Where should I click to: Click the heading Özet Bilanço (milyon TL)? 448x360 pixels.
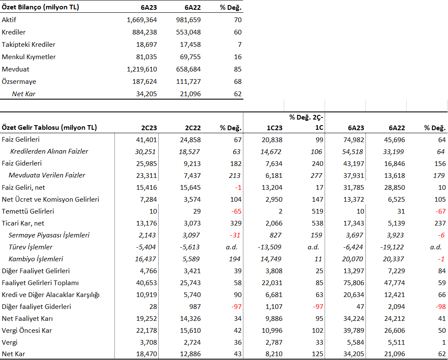(40, 7)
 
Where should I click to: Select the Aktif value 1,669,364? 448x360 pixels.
(142, 20)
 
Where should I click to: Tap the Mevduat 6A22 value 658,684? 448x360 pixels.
(188, 69)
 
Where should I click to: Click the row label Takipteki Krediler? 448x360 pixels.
(28, 45)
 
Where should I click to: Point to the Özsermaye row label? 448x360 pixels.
(19, 82)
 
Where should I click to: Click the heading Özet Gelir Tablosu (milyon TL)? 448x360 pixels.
(49, 127)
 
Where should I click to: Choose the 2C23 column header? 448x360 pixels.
(149, 128)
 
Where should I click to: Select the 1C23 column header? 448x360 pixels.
(274, 128)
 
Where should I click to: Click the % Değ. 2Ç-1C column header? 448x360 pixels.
(306, 123)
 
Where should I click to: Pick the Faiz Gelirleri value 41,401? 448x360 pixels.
(146, 140)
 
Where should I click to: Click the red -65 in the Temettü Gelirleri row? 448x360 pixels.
(236, 211)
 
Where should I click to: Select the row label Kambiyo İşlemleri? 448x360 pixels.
(36, 259)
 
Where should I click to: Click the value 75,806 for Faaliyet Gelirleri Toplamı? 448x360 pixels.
(354, 283)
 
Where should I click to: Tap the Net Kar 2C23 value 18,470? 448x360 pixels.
(146, 354)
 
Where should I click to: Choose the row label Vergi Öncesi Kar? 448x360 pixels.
(26, 331)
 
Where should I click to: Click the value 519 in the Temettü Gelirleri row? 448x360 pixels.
(317, 211)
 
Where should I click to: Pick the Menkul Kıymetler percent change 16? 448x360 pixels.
(238, 57)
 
